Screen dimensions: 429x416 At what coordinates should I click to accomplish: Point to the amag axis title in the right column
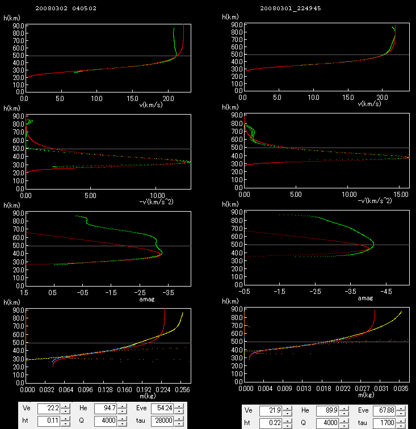point(365,298)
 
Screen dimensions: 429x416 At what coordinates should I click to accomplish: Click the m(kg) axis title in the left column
point(151,396)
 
